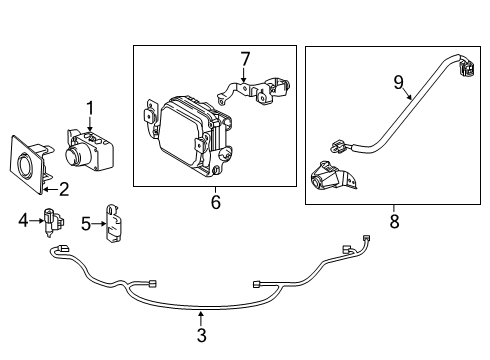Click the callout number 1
pyautogui.click(x=90, y=109)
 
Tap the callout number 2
pyautogui.click(x=64, y=189)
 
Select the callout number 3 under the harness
pyautogui.click(x=202, y=335)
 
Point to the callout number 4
pyautogui.click(x=23, y=220)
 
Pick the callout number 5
pyautogui.click(x=86, y=224)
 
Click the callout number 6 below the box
pyautogui.click(x=216, y=202)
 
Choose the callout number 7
pyautogui.click(x=245, y=59)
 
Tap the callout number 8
pyautogui.click(x=395, y=221)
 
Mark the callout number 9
pyautogui.click(x=398, y=82)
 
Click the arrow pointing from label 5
pyautogui.click(x=99, y=224)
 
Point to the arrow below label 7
pyautogui.click(x=244, y=75)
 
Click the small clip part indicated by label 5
pyautogui.click(x=113, y=223)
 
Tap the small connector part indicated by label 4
pyautogui.click(x=53, y=222)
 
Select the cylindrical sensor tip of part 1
pyautogui.click(x=74, y=155)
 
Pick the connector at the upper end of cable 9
pyautogui.click(x=467, y=67)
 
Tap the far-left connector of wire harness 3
pyautogui.click(x=63, y=248)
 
